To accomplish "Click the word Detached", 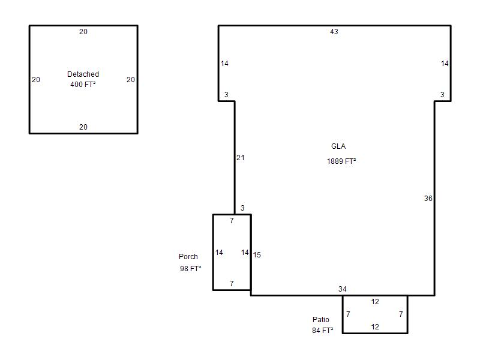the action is pyautogui.click(x=83, y=74).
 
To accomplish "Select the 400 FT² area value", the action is pyautogui.click(x=83, y=84).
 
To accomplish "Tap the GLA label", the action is pyautogui.click(x=338, y=146).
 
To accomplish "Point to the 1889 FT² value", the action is pyautogui.click(x=341, y=161).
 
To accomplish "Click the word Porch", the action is pyautogui.click(x=188, y=257).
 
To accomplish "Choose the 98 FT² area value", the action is pyautogui.click(x=190, y=268).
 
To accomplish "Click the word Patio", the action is pyautogui.click(x=321, y=320).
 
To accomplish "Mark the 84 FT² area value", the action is pyautogui.click(x=323, y=331).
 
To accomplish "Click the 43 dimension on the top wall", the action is pyautogui.click(x=334, y=32).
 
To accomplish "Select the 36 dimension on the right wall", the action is pyautogui.click(x=428, y=199).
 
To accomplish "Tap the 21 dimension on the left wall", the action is pyautogui.click(x=241, y=158).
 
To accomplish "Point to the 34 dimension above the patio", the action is pyautogui.click(x=342, y=289).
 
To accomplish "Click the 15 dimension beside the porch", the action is pyautogui.click(x=257, y=254).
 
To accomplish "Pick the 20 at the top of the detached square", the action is pyautogui.click(x=83, y=32).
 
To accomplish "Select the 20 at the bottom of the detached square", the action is pyautogui.click(x=83, y=127).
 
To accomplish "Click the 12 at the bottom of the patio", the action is pyautogui.click(x=375, y=327).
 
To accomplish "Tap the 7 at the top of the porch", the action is pyautogui.click(x=232, y=220).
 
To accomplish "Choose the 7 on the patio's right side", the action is pyautogui.click(x=401, y=314).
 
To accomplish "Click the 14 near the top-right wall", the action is pyautogui.click(x=445, y=64).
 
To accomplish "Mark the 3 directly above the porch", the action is pyautogui.click(x=242, y=208).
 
